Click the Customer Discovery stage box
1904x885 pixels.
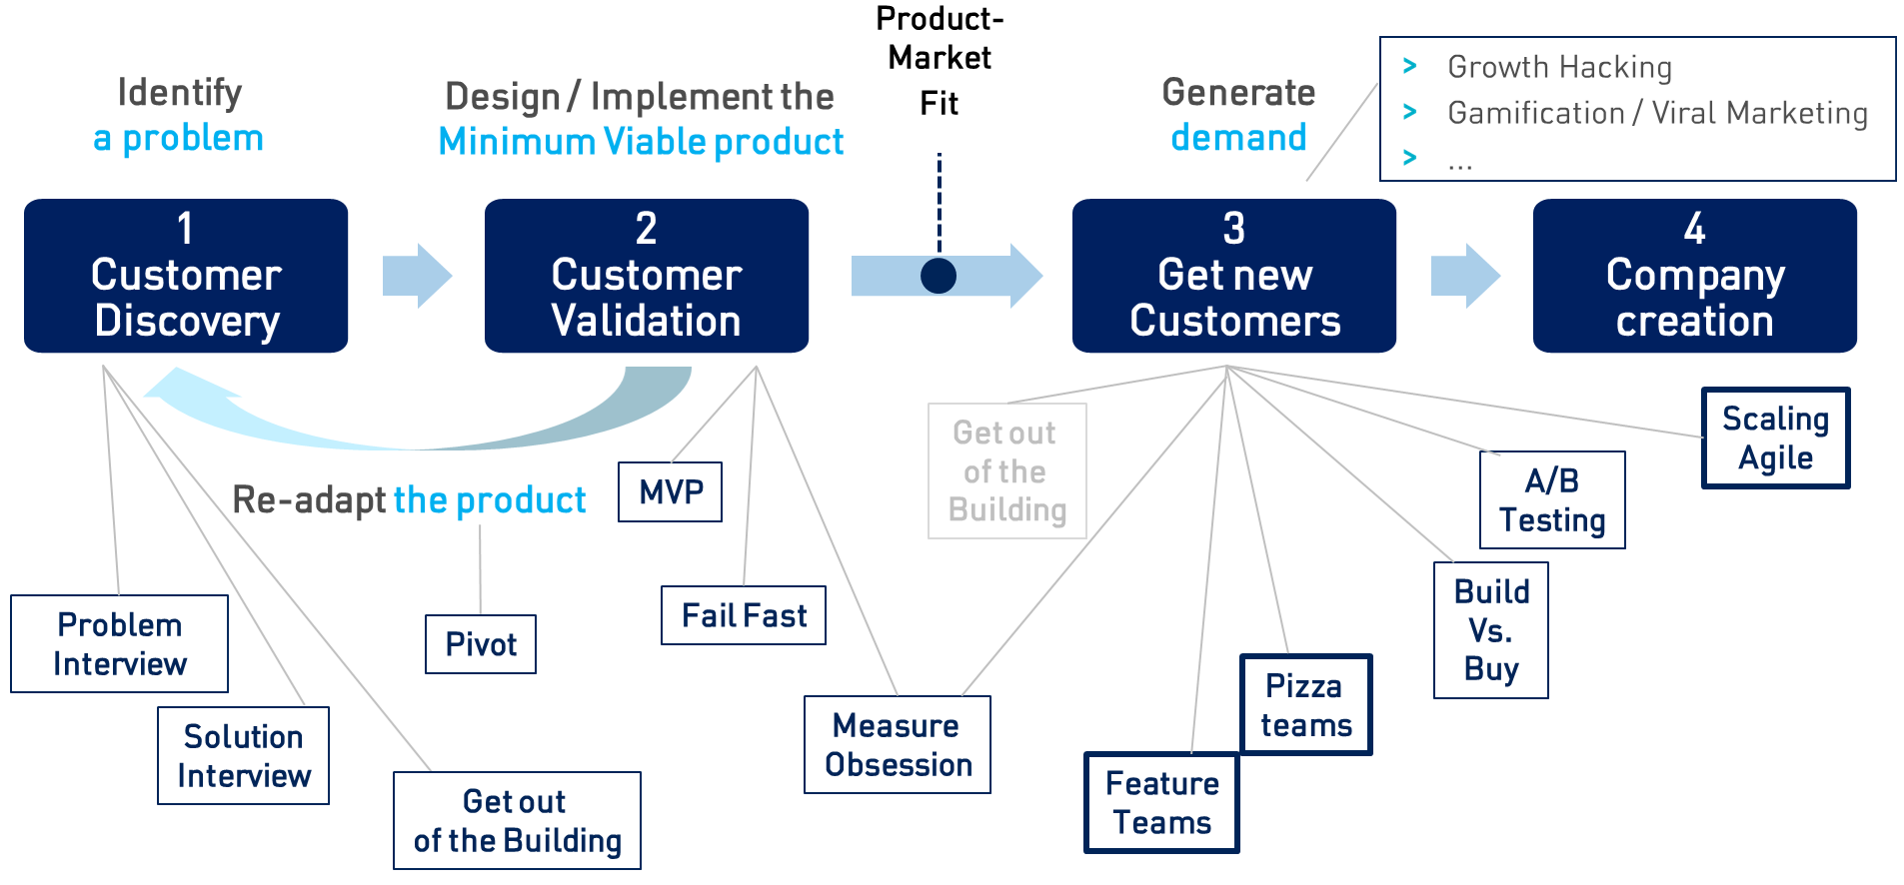tap(186, 276)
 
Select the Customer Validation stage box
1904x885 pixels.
tap(647, 276)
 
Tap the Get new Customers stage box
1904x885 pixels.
tap(1234, 276)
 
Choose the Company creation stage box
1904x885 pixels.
tap(1695, 276)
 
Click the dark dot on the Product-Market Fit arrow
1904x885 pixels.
tap(939, 276)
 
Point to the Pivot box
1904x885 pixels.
tap(481, 644)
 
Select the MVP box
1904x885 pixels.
tap(671, 491)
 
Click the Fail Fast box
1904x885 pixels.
tap(744, 615)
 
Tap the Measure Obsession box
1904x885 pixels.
tap(898, 745)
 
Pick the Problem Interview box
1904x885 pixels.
tap(120, 644)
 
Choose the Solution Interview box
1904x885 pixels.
tap(244, 756)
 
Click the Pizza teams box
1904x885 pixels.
tap(1306, 705)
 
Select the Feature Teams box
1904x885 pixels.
tap(1162, 803)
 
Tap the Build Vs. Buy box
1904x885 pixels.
tap(1491, 630)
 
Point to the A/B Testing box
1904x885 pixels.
tap(1552, 500)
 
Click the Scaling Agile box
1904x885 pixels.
tap(1776, 439)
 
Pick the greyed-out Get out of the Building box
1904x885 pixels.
tap(1007, 471)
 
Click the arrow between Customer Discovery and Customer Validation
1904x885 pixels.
tap(417, 276)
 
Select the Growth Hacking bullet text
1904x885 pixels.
tap(1559, 67)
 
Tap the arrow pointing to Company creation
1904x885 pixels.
tap(1465, 276)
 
